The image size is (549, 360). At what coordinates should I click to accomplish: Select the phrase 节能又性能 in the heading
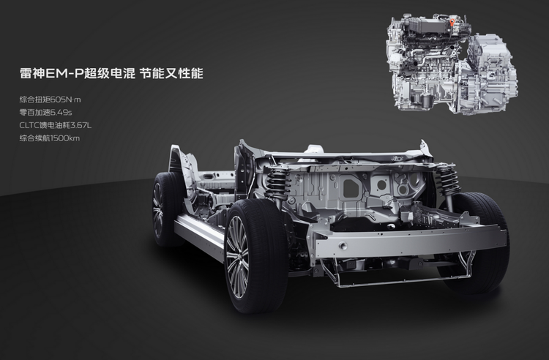click(171, 73)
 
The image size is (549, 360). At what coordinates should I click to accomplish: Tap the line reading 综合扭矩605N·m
click(50, 100)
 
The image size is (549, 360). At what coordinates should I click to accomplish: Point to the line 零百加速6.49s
click(45, 112)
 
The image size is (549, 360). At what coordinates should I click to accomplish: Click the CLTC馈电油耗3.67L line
click(56, 125)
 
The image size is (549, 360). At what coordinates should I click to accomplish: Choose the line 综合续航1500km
click(49, 138)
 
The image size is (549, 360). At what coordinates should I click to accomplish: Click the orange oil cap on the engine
click(452, 23)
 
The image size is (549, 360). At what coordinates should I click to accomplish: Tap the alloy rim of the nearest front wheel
click(237, 256)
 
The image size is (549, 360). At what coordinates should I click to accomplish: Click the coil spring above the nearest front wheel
click(277, 183)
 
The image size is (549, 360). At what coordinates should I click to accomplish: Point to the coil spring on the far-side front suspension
click(447, 181)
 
